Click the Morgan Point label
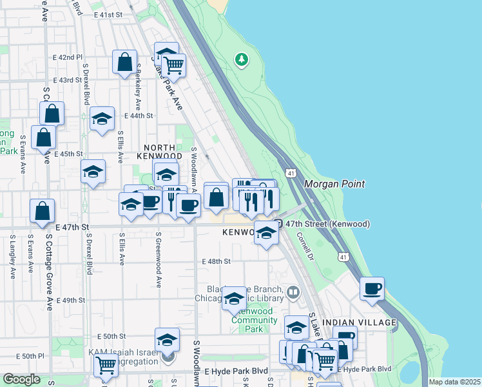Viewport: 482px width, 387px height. [x=334, y=184]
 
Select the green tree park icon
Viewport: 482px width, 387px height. [x=242, y=60]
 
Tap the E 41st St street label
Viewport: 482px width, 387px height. [x=108, y=14]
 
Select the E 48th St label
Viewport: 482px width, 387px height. [x=216, y=261]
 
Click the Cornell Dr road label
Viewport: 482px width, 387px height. [x=304, y=242]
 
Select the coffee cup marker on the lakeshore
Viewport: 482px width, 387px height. [x=372, y=288]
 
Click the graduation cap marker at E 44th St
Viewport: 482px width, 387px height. [x=102, y=119]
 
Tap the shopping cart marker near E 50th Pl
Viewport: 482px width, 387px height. [x=106, y=364]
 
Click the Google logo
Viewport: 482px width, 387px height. [x=21, y=379]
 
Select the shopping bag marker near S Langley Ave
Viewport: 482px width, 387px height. [x=42, y=210]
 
